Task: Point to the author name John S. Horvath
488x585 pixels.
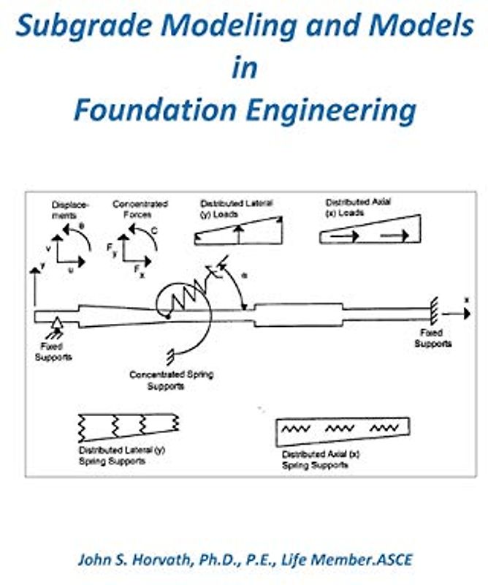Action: click(x=138, y=560)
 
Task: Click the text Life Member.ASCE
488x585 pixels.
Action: click(x=351, y=560)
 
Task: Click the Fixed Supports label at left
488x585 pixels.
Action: click(x=53, y=352)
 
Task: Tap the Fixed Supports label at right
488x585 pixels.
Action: click(x=433, y=338)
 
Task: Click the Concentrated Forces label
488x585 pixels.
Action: click(x=140, y=209)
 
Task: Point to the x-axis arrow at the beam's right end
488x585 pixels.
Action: click(x=457, y=313)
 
